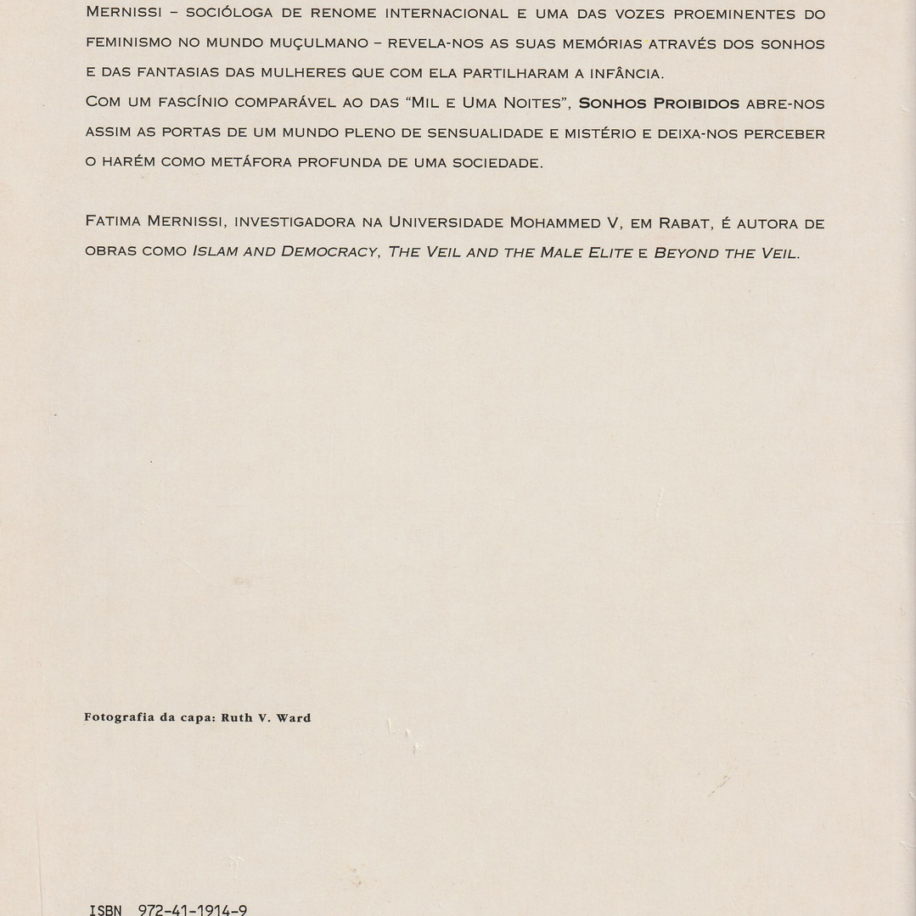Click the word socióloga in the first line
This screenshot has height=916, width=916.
coord(228,14)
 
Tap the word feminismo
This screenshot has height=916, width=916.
coord(128,42)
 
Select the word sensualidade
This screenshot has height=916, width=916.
coord(485,133)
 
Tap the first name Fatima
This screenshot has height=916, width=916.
coord(113,222)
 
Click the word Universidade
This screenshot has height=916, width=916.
coord(446,222)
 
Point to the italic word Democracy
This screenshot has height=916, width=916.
coord(329,252)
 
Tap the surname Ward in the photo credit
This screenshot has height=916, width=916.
coord(293,717)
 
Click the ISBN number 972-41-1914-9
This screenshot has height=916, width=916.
coord(193,910)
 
